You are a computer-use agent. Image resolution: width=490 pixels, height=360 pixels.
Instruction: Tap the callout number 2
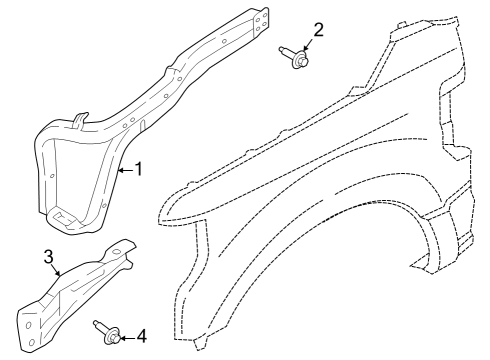318,29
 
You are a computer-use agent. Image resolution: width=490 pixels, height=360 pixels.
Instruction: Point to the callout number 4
141,335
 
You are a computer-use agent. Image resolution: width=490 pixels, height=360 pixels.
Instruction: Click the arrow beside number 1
123,171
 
